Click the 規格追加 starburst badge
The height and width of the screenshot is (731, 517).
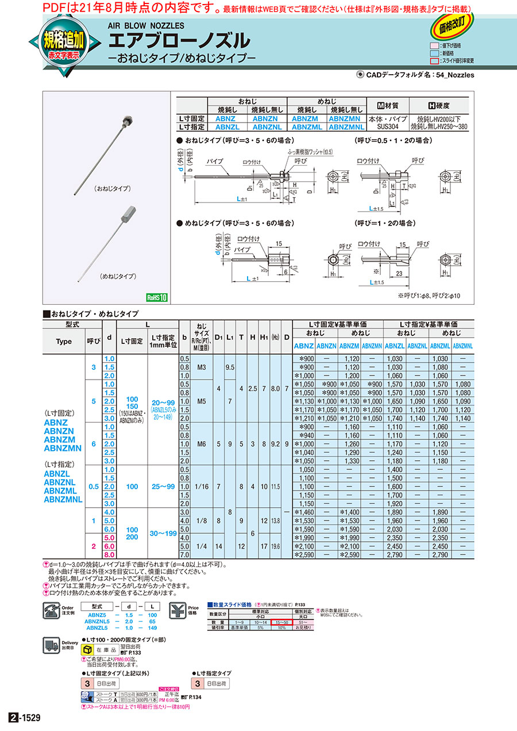[x=64, y=44]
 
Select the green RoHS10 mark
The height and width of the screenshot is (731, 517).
[x=156, y=297]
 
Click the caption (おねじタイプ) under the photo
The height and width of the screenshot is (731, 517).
[x=112, y=188]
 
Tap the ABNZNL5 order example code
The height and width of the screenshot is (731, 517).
[x=97, y=621]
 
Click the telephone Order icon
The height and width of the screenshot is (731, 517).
[x=51, y=608]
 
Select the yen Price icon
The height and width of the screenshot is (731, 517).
[x=178, y=608]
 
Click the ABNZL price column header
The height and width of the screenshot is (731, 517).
[x=394, y=346]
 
